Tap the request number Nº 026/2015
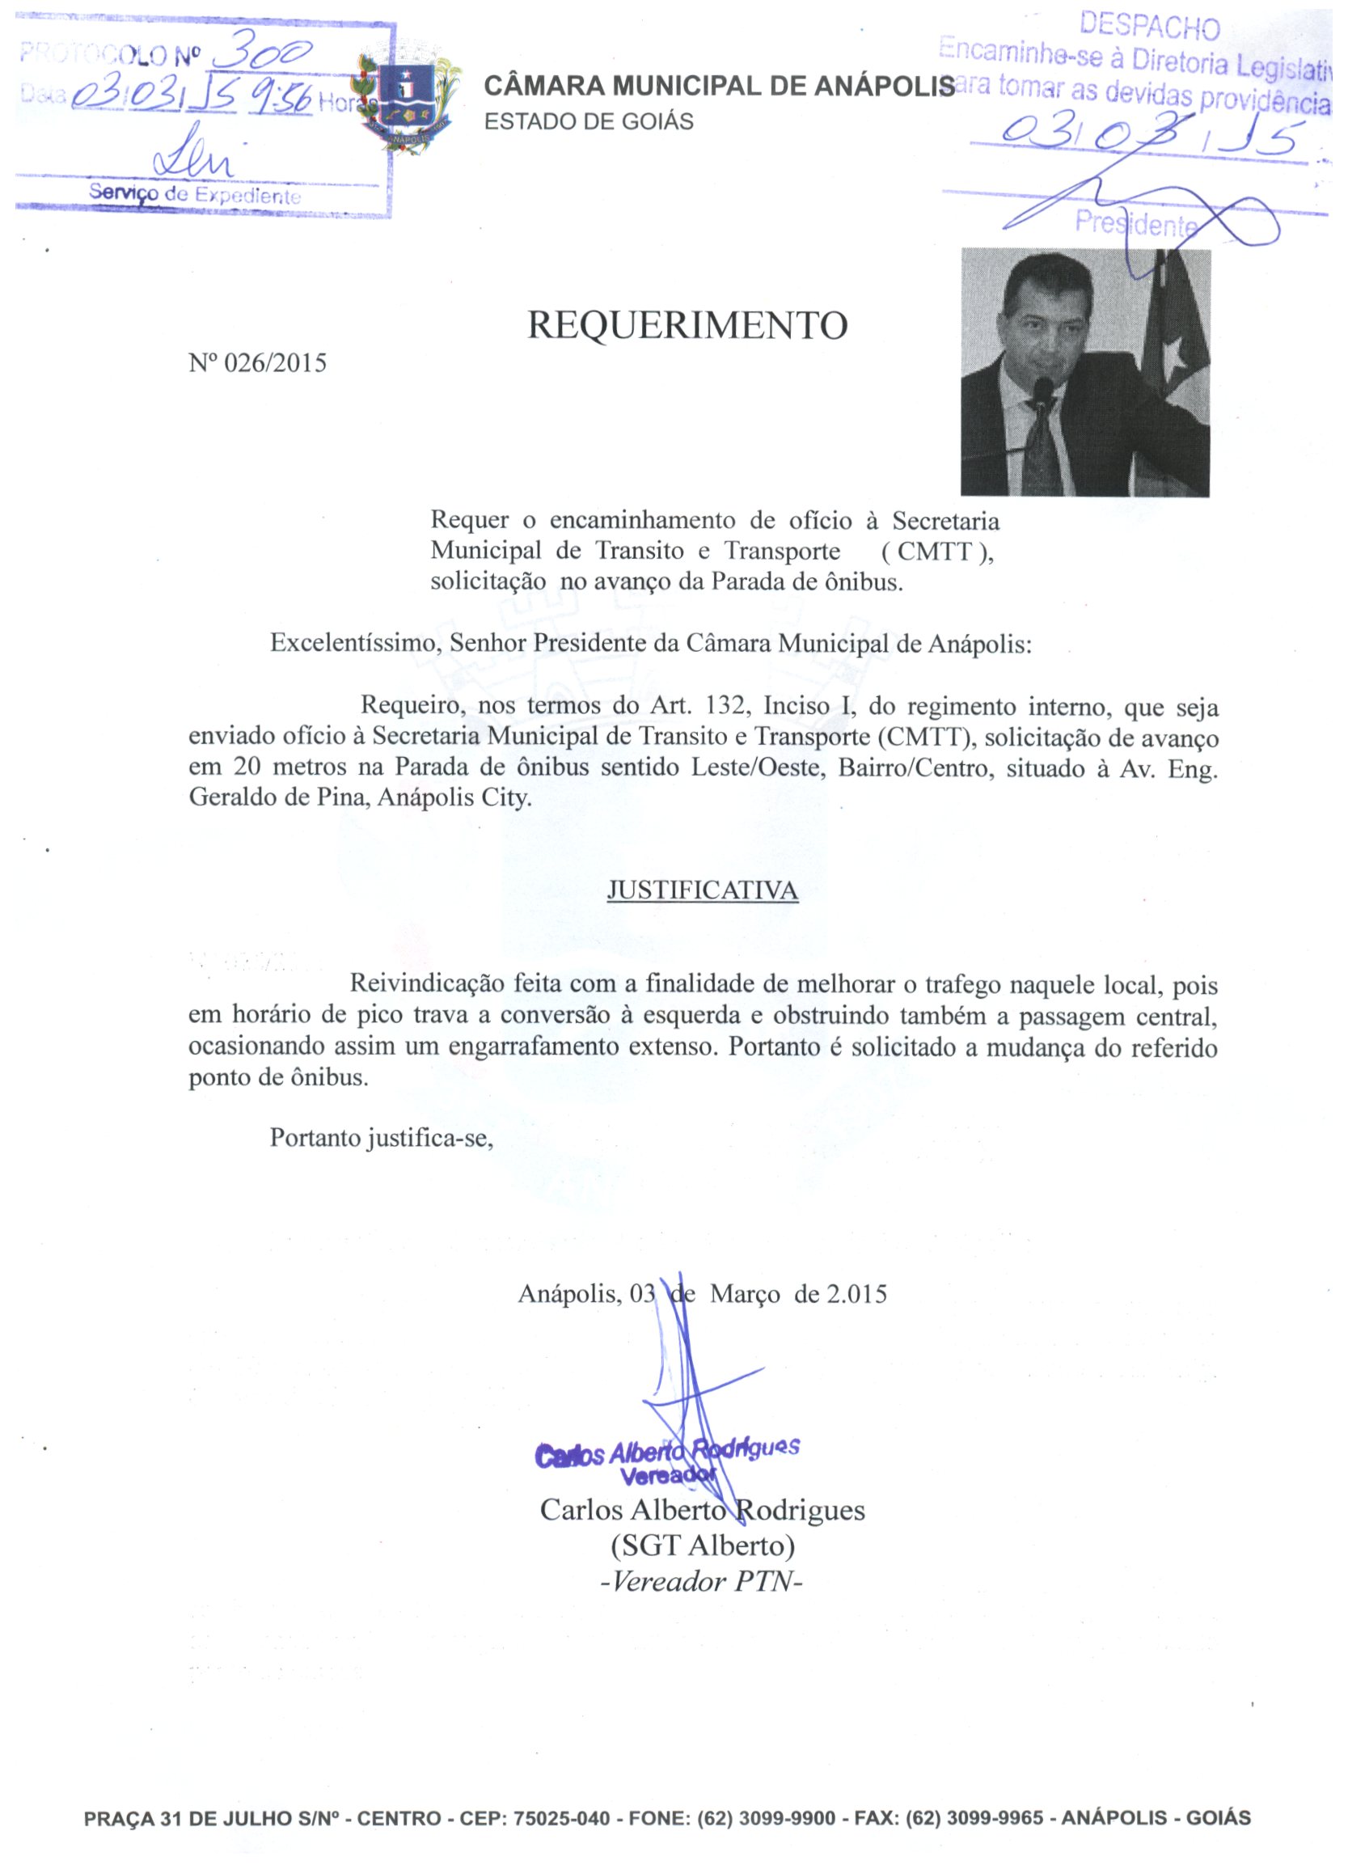point(257,362)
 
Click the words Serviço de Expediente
point(194,195)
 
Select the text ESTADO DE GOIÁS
point(589,122)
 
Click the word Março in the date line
point(745,1294)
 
